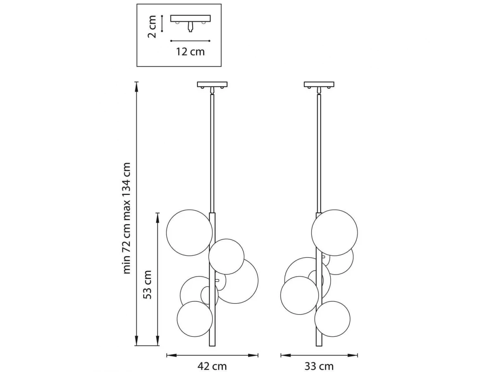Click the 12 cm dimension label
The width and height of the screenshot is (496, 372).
click(x=191, y=52)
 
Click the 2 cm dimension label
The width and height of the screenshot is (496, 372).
click(x=152, y=26)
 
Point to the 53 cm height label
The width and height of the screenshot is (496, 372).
click(x=148, y=284)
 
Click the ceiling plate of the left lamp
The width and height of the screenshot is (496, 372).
click(x=212, y=84)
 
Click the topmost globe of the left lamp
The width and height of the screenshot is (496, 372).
click(x=190, y=232)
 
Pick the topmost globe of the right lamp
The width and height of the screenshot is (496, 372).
click(x=334, y=233)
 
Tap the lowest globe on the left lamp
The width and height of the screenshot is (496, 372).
click(x=195, y=319)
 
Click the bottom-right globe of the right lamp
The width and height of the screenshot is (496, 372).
click(x=332, y=319)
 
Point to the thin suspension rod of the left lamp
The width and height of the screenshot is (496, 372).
click(x=212, y=153)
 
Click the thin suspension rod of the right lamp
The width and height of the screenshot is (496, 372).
click(x=319, y=153)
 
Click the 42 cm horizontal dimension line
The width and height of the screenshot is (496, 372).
click(x=212, y=355)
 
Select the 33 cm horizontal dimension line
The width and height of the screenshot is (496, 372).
click(x=319, y=355)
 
